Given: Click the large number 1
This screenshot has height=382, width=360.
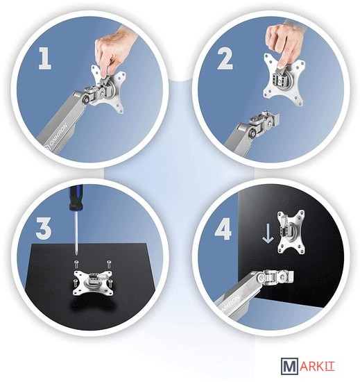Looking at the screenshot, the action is click(x=45, y=58).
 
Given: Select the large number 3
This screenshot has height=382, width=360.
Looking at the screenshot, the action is click(x=44, y=228).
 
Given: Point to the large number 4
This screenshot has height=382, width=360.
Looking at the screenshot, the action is click(x=223, y=229).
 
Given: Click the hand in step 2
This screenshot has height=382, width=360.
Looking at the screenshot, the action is click(x=284, y=42).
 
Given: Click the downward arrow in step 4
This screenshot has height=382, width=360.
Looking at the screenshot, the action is click(x=268, y=233).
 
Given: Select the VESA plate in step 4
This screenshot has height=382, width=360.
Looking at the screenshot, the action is click(x=291, y=231).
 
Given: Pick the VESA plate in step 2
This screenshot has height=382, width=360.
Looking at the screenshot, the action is click(x=284, y=80).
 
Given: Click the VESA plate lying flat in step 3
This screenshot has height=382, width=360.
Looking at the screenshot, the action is click(x=94, y=282).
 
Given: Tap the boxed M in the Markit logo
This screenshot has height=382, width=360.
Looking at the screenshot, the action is click(x=289, y=365).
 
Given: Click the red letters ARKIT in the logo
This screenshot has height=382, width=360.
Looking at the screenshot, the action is click(x=317, y=366).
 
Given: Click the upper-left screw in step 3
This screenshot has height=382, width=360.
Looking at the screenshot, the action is click(x=77, y=263).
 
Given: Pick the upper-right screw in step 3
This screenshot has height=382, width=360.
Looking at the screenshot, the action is click(x=109, y=263).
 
